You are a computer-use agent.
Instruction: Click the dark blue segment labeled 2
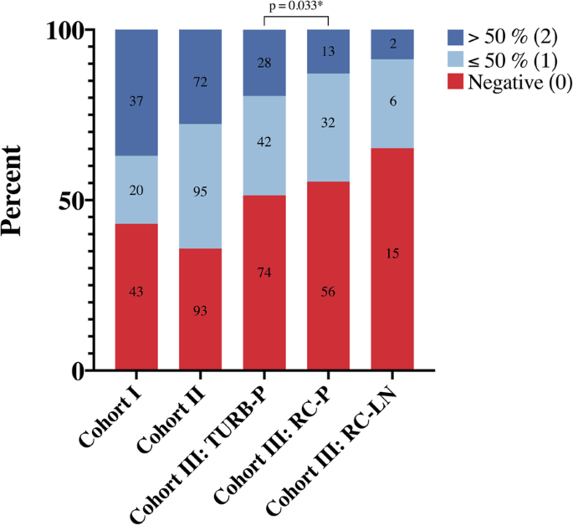[392, 44]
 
